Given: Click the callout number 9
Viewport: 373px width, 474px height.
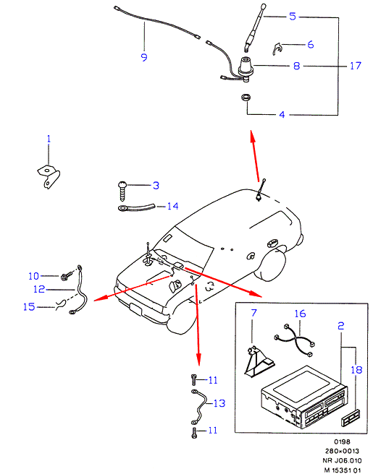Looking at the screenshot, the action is click(144, 57).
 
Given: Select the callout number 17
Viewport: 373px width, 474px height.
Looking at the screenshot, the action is click(356, 66).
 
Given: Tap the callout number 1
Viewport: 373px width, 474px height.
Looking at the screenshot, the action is click(49, 139).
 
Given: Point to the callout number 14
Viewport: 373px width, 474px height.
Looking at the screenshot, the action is click(172, 206).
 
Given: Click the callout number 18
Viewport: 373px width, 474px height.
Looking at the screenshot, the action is click(356, 369).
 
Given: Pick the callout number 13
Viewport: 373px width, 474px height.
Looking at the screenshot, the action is click(219, 403).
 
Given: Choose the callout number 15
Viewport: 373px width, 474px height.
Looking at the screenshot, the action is click(29, 306).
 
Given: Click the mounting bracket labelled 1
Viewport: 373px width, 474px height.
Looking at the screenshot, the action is click(49, 176).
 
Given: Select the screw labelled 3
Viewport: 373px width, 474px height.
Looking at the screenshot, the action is click(122, 191).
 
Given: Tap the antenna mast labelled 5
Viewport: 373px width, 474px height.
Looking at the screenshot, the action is click(255, 27).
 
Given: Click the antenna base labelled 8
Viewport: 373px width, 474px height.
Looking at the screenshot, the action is click(245, 69).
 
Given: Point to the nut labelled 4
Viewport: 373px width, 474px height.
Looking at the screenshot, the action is click(246, 98).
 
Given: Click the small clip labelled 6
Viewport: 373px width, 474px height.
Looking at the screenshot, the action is click(277, 48).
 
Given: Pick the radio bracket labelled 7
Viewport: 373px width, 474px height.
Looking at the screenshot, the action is click(259, 361).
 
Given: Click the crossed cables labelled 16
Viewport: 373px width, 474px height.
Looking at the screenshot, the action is click(295, 340).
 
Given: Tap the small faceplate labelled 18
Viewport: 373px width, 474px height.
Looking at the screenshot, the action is click(351, 418).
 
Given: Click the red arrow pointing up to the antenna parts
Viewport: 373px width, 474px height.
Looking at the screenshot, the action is click(255, 156).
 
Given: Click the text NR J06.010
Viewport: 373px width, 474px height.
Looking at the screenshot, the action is click(342, 460).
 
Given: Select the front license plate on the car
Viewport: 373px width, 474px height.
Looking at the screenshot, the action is click(135, 310).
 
